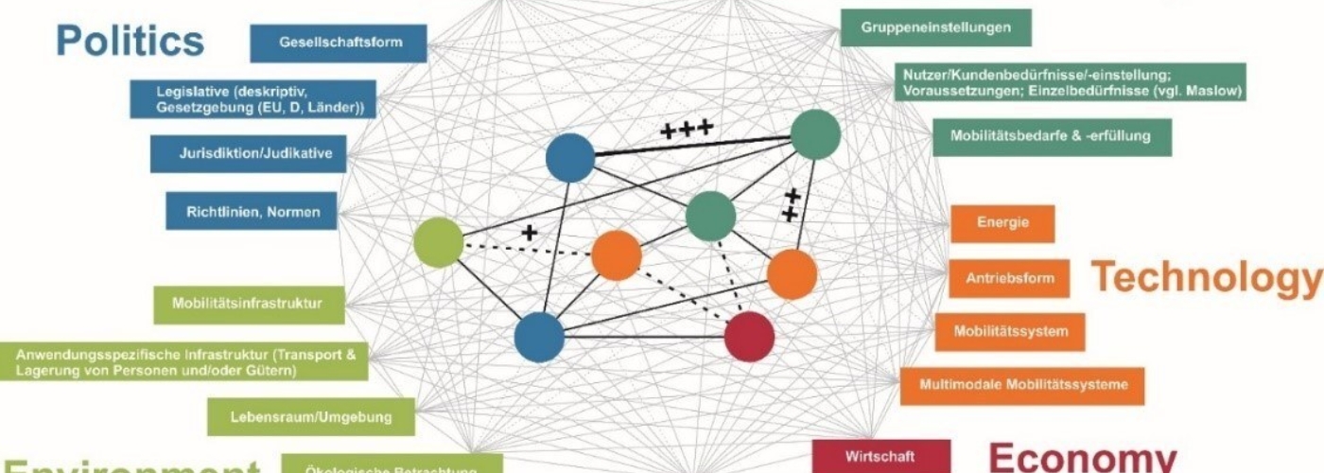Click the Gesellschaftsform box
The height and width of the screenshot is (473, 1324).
339,43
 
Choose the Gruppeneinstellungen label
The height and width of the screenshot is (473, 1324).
934,27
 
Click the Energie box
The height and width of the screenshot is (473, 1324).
1002,223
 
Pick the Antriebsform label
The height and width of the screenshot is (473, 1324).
1008,279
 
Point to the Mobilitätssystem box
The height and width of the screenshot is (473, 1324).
1010,332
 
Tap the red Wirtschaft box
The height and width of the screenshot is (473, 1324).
868,457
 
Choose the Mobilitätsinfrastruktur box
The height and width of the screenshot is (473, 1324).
248,305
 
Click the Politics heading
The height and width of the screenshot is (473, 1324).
130,41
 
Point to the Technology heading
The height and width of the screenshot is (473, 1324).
1206,277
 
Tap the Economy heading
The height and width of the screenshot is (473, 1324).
1082,457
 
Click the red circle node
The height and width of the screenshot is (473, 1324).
749,336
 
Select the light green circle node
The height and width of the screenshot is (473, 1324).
439,242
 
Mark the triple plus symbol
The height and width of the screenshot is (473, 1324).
686,131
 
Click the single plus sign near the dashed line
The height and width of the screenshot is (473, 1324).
529,232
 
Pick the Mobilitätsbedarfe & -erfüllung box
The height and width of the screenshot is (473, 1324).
1052,136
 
